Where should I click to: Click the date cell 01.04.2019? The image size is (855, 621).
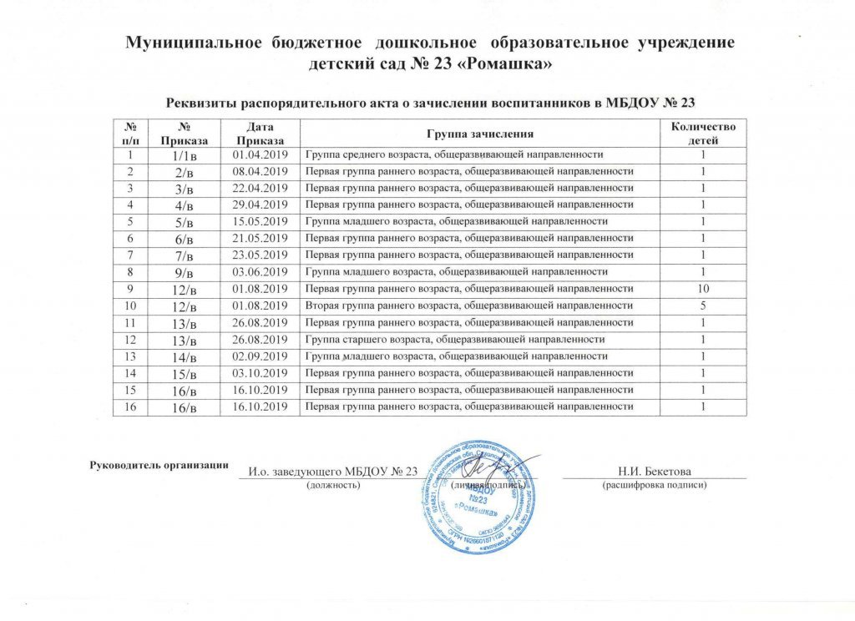[259, 155]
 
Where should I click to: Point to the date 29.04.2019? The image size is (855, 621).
[259, 204]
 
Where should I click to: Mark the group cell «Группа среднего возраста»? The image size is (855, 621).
[454, 155]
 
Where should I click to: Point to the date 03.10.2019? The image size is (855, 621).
[259, 372]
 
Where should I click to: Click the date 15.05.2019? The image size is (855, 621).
[259, 221]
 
